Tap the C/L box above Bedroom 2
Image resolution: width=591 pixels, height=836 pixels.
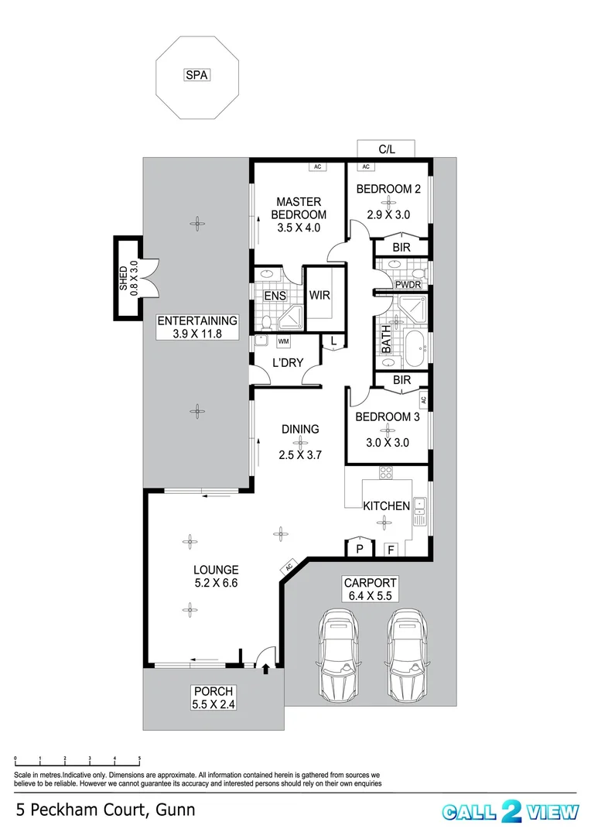coord(386,149)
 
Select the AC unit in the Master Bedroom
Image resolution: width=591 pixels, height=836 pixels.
coord(316,166)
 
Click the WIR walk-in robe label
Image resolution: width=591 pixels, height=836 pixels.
coord(320,295)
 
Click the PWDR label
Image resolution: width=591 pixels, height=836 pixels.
coord(408,285)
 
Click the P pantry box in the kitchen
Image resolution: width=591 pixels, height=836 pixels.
coord(358,548)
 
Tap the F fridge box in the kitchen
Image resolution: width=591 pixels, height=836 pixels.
coord(391,549)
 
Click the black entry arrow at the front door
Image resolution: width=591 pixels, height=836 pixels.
coord(266,667)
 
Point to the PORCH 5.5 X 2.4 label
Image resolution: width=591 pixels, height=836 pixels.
coord(213,697)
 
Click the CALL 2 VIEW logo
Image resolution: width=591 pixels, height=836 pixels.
coord(510,811)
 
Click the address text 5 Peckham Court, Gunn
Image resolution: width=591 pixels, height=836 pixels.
coord(105,810)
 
